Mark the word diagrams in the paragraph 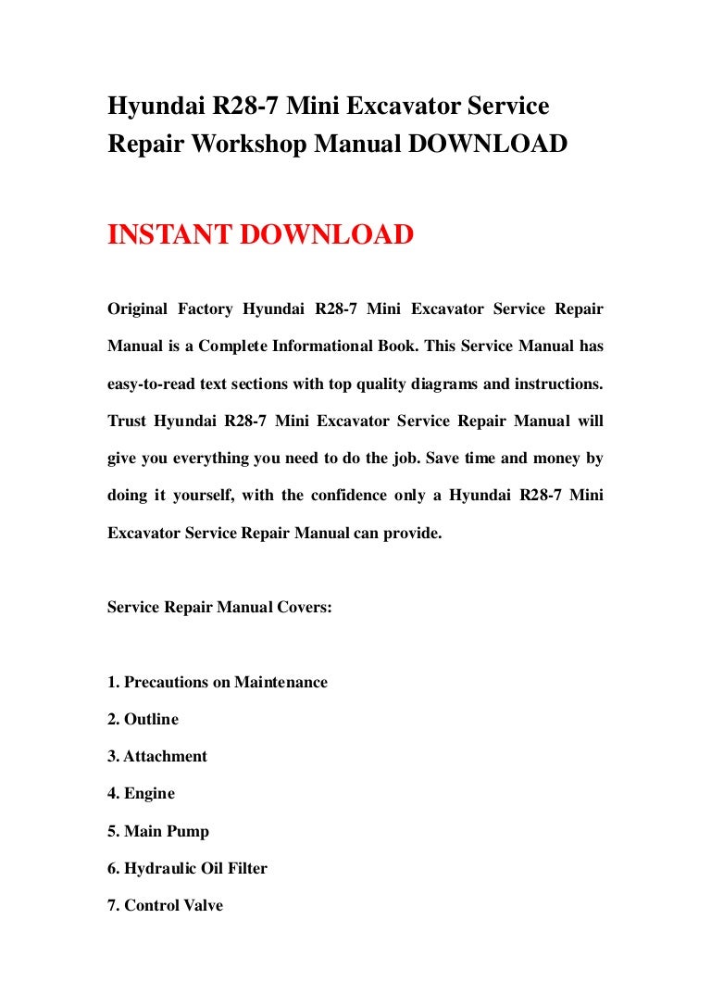(410, 383)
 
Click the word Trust (126, 420)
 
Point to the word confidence (346, 495)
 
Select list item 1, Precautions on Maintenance (218, 682)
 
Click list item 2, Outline (143, 719)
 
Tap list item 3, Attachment (157, 756)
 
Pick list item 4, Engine (141, 793)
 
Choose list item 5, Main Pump (158, 831)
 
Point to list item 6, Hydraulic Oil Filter (187, 868)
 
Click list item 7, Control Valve (165, 905)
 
